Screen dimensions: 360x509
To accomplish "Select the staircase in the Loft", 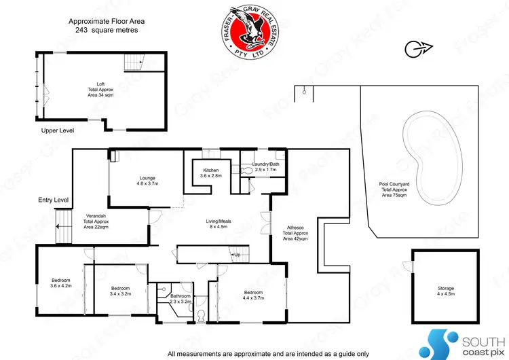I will [134, 63].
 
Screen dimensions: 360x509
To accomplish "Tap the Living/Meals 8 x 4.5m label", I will [219, 223].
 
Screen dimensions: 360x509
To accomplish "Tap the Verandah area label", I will [96, 222].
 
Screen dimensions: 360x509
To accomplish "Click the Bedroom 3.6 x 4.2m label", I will [61, 283].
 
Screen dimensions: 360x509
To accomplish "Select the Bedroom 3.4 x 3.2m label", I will [120, 291].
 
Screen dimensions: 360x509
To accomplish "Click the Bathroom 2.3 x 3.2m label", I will [181, 299].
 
